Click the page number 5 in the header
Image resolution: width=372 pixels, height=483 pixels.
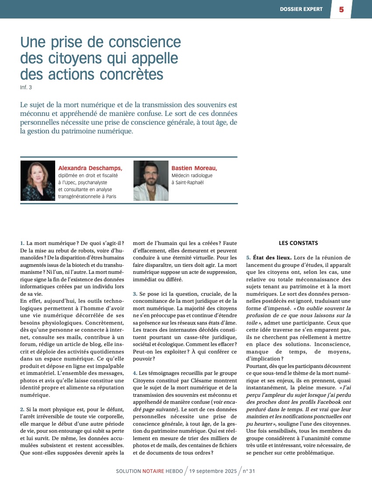pyautogui.click(x=341, y=9)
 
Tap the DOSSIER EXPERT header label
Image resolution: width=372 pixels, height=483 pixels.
pyautogui.click(x=301, y=9)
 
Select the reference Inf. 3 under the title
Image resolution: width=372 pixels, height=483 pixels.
pyautogui.click(x=26, y=87)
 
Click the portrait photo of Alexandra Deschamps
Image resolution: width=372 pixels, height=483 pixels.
pyautogui.click(x=38, y=180)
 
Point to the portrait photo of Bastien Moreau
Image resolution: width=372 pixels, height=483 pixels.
pyautogui.click(x=151, y=180)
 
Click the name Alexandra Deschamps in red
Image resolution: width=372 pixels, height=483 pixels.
pyautogui.click(x=90, y=168)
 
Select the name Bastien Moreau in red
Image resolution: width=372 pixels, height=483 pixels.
pyautogui.click(x=194, y=168)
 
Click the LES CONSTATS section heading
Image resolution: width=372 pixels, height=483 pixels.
pyautogui.click(x=298, y=243)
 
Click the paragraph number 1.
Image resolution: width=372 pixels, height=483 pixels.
pyautogui.click(x=22, y=243)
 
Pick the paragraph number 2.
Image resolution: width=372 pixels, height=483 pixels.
pyautogui.click(x=22, y=409)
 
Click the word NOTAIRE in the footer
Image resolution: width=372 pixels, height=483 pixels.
pyautogui.click(x=153, y=471)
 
